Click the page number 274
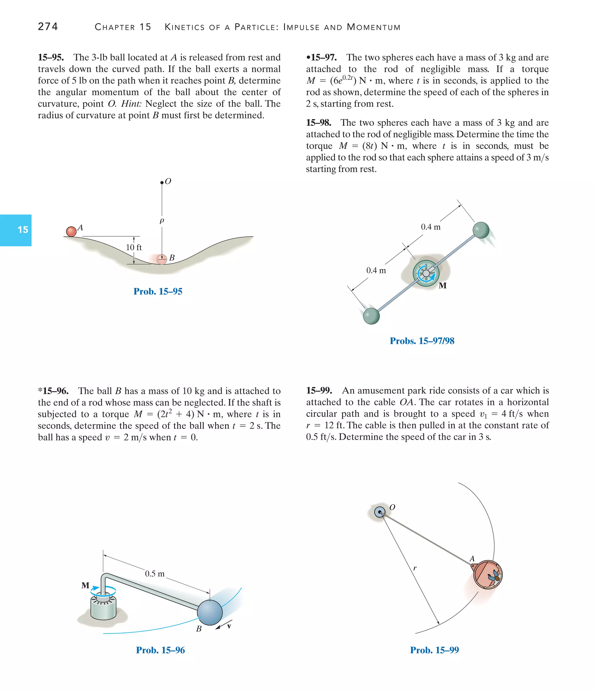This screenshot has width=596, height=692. (48, 26)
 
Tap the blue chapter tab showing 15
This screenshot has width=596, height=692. (16, 230)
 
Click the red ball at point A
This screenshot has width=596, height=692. (71, 231)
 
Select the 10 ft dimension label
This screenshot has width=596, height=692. (134, 247)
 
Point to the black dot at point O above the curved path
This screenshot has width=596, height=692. (162, 182)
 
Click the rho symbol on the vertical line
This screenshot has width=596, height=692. (162, 221)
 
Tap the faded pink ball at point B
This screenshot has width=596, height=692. (162, 259)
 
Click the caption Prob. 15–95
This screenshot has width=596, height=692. (158, 292)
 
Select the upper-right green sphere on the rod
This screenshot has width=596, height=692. (481, 230)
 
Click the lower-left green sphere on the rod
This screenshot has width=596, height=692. (371, 316)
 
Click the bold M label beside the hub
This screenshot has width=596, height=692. (443, 286)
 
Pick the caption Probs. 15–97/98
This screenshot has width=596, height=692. (422, 341)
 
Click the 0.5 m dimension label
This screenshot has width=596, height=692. (155, 574)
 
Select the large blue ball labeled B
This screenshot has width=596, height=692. (210, 613)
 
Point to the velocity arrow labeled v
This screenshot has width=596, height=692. (223, 626)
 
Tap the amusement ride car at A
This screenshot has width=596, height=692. (487, 575)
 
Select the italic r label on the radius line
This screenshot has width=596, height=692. (415, 568)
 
